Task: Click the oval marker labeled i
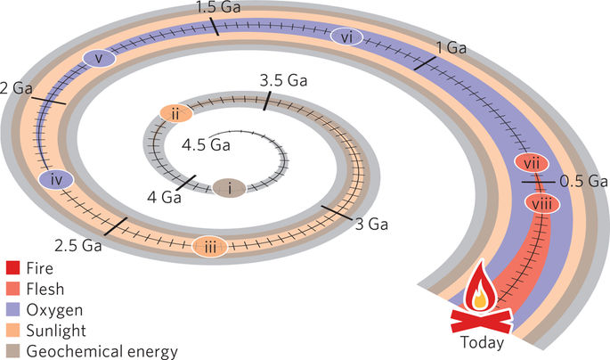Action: (230, 187)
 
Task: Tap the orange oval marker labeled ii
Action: (175, 113)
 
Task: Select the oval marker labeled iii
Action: (210, 247)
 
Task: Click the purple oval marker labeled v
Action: (100, 59)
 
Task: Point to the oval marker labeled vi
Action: (346, 37)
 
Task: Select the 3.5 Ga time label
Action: (282, 81)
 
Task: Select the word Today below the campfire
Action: (482, 342)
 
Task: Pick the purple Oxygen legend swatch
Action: (12, 309)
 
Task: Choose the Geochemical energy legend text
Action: (102, 350)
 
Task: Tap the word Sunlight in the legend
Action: (56, 330)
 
